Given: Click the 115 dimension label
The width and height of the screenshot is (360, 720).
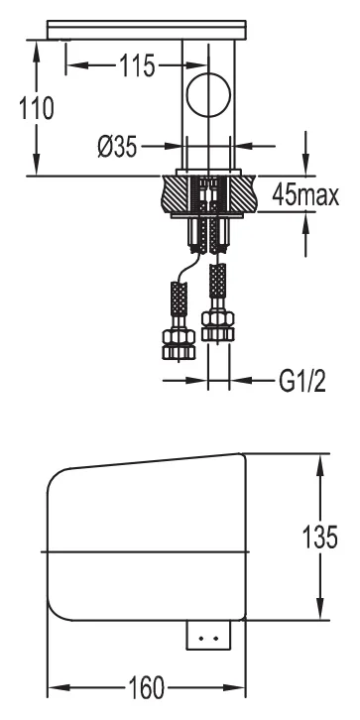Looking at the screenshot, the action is (x=138, y=65).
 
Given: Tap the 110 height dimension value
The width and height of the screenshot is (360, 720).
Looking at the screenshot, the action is (x=36, y=108).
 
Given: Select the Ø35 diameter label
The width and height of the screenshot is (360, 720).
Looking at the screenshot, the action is (x=117, y=147).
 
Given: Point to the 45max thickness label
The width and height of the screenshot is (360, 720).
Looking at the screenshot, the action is (x=305, y=195).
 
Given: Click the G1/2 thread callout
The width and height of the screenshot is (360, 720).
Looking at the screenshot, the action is (x=302, y=381).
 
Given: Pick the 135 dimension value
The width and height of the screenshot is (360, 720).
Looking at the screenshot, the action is (x=320, y=537).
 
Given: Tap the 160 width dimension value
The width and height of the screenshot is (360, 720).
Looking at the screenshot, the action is (x=146, y=687).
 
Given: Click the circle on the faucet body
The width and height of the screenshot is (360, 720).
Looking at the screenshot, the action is (x=208, y=95).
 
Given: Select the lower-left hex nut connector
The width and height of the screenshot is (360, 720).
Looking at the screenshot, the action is (x=179, y=344).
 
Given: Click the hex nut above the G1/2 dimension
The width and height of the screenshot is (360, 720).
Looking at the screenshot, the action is (x=218, y=325).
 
